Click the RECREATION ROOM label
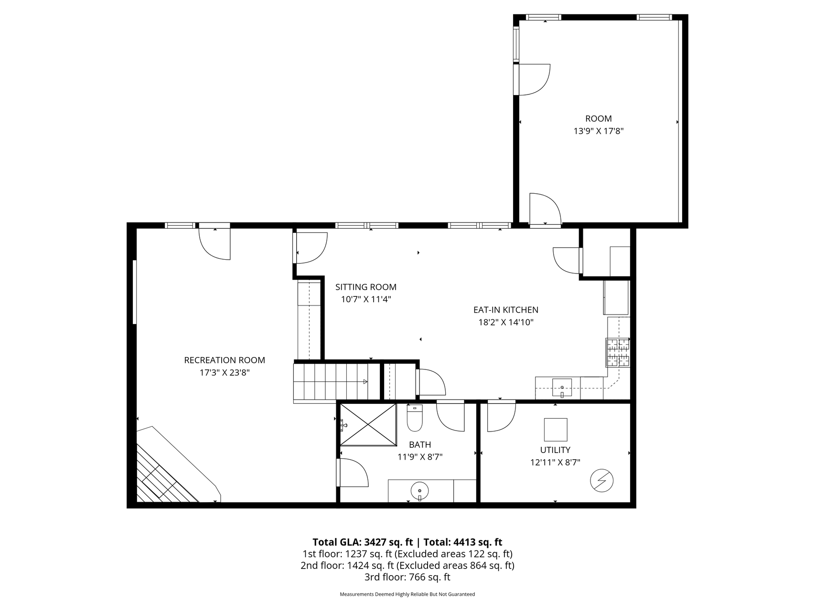pos(225,360)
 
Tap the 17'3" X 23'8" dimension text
pos(225,372)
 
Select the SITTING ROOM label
pos(366,287)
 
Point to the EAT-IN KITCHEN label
pos(506,310)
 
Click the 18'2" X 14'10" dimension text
pos(506,322)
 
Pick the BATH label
pos(420,445)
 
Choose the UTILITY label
pos(555,450)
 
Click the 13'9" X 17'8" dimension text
pos(599,131)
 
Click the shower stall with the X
pos(368,424)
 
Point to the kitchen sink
pos(562,387)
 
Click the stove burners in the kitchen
pos(618,352)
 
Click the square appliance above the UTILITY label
pos(556,430)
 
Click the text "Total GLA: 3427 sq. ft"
pos(364,542)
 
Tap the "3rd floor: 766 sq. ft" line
pos(407,577)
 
